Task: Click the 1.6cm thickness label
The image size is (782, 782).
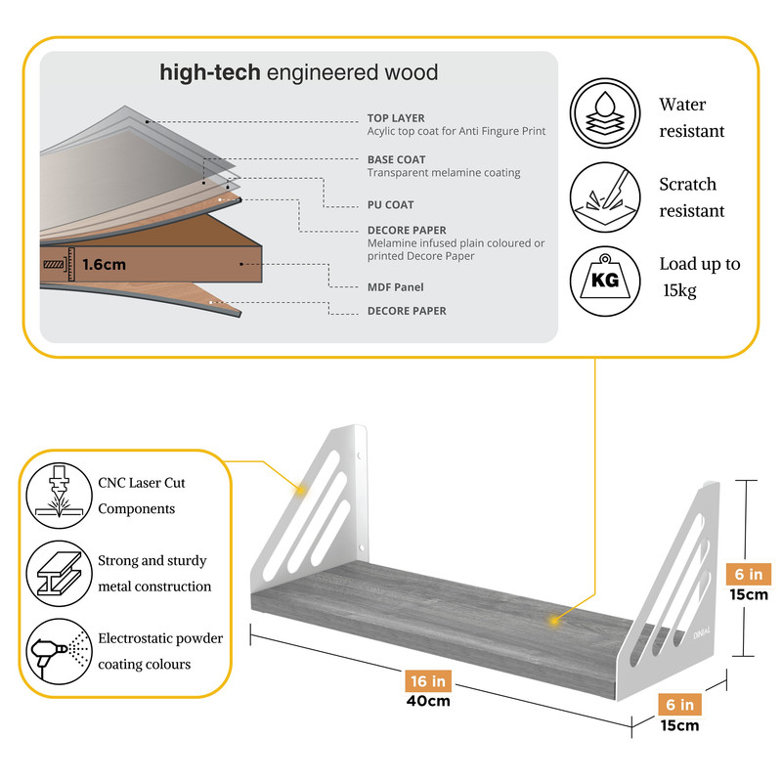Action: pos(105,264)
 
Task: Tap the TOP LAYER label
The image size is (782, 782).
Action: pos(396,118)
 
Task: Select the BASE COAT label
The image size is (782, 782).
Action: pos(396,159)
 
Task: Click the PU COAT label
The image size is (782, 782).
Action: pos(391,205)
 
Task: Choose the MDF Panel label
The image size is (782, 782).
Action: pos(395,287)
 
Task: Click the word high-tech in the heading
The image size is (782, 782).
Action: pos(210,72)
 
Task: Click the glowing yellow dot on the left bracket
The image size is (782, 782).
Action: pos(302,487)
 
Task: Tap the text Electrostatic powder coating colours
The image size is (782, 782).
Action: pos(160,651)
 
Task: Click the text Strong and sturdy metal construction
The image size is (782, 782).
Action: pos(154,574)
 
